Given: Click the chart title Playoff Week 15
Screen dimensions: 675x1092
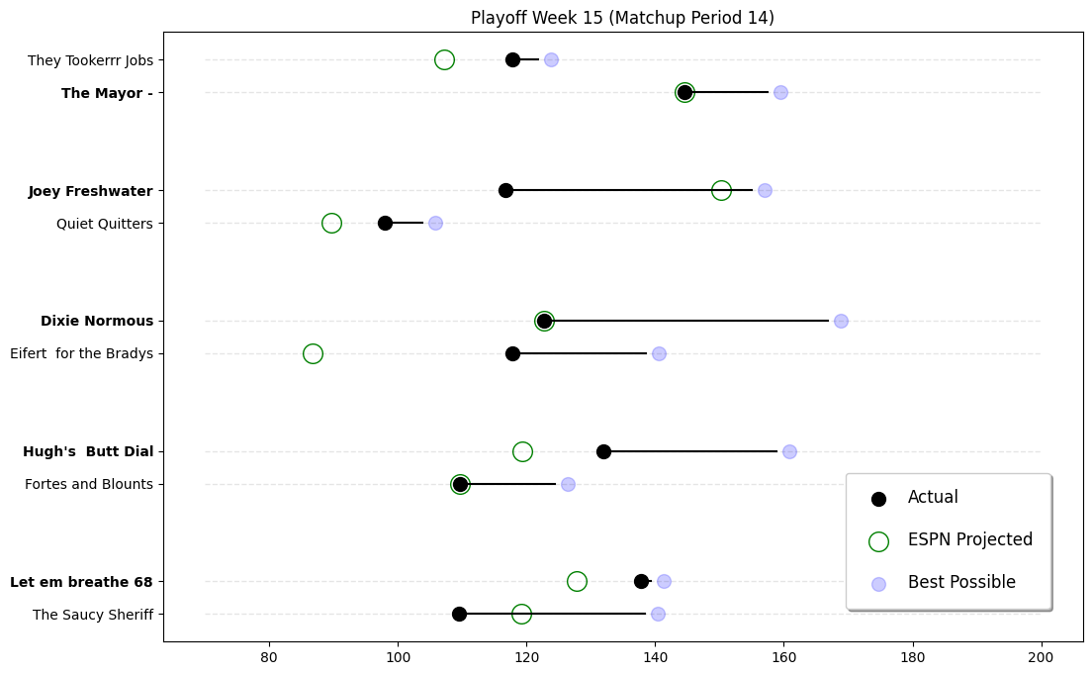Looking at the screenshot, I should (x=622, y=18).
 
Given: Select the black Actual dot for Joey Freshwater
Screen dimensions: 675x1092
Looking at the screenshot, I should (x=505, y=190).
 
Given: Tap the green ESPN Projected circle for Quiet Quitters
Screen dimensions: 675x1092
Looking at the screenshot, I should (x=331, y=223).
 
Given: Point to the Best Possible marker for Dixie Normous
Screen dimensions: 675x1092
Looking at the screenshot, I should (x=841, y=321).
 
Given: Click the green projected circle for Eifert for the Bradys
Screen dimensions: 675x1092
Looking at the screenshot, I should (x=313, y=353).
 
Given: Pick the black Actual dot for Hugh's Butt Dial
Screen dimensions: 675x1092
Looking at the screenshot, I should (x=603, y=451).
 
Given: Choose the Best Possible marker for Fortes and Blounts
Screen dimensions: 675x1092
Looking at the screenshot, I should (x=568, y=484).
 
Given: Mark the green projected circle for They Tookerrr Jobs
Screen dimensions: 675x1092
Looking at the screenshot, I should (x=444, y=59).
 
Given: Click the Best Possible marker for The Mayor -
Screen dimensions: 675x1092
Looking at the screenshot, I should (x=780, y=92).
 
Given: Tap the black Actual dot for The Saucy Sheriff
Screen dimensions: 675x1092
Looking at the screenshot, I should (x=459, y=614).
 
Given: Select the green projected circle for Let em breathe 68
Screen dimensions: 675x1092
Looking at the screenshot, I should (x=577, y=581).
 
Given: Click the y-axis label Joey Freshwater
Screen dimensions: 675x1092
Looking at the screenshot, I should (x=91, y=191).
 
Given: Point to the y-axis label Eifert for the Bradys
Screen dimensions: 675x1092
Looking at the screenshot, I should (x=81, y=353).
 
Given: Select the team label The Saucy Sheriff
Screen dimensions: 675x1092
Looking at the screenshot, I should (x=93, y=615).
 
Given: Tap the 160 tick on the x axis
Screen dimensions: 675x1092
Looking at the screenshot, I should (x=784, y=656).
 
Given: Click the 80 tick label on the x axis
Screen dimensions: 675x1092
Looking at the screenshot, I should (x=269, y=656).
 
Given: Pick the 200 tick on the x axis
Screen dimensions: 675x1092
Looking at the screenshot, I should (x=1042, y=656).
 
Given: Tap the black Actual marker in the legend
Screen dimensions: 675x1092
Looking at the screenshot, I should (x=878, y=498).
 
